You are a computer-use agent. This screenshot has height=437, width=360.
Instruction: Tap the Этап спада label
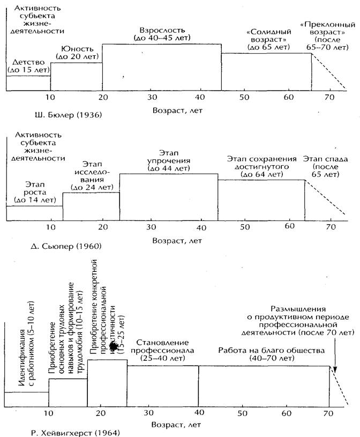click(x=323, y=167)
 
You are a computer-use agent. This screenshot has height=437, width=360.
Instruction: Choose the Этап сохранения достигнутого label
click(x=261, y=166)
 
